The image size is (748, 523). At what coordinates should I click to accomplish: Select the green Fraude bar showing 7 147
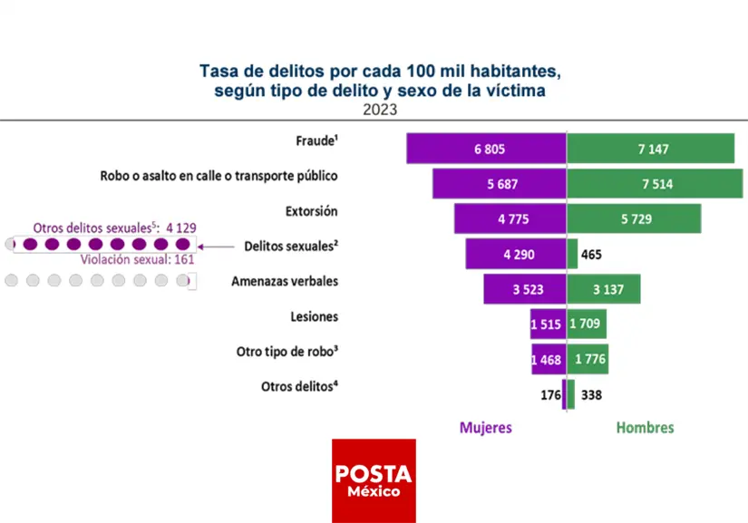coord(650,149)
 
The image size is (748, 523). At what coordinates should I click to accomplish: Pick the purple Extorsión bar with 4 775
coord(510,218)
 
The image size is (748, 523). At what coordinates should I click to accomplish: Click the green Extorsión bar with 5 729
coord(634,218)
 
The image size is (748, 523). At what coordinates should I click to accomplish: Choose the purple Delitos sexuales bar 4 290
coord(516,254)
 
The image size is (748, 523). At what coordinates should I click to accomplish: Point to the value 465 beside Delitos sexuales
coord(591,255)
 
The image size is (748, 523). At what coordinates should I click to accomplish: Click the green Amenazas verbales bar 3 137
coord(603,289)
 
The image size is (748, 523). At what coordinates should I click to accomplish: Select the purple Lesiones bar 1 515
coord(548,324)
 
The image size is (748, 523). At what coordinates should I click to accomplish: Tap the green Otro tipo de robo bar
coord(588,359)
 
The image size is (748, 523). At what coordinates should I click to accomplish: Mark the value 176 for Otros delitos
coord(550,394)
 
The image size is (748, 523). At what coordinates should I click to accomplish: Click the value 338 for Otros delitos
coord(591,394)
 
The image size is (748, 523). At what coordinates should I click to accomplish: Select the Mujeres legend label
coord(485,428)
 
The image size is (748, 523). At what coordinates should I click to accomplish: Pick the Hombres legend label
coord(645,428)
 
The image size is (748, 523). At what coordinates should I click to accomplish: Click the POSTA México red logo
coord(374,480)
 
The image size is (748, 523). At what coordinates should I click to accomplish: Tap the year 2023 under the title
coord(380,111)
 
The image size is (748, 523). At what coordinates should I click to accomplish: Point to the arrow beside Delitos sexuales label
coord(218,246)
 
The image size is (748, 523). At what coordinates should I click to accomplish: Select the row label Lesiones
coord(316,316)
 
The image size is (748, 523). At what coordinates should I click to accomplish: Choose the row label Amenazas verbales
coord(285,281)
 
